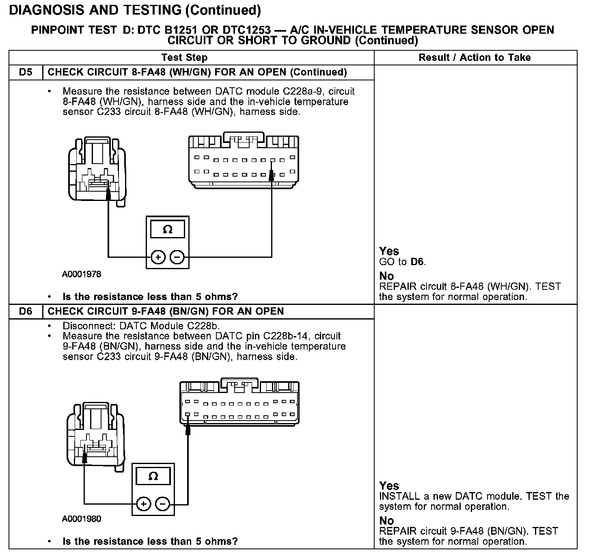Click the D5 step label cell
[x=25, y=72]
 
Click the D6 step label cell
[x=25, y=311]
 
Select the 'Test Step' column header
[x=184, y=58]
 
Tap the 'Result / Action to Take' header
[x=475, y=58]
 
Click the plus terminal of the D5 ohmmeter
[x=158, y=257]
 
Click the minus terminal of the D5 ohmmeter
[x=177, y=257]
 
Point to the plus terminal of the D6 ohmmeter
[x=143, y=504]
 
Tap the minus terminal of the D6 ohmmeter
[x=162, y=504]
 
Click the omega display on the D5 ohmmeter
[x=167, y=230]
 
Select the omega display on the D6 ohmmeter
[x=153, y=476]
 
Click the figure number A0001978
[x=82, y=274]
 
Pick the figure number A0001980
[x=82, y=519]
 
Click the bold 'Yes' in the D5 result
[x=389, y=251]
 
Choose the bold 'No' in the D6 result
[x=386, y=520]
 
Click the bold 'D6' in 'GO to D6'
[x=417, y=262]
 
